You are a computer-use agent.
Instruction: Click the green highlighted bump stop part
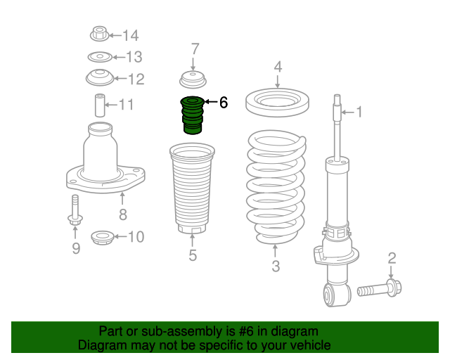pyautogui.click(x=192, y=115)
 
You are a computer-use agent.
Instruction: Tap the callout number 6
pyautogui.click(x=224, y=102)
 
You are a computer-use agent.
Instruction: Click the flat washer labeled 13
pyautogui.click(x=100, y=57)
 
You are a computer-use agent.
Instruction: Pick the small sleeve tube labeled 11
pyautogui.click(x=100, y=105)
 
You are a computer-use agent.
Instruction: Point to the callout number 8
pyautogui.click(x=123, y=214)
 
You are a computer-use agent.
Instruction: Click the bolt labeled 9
pyautogui.click(x=75, y=210)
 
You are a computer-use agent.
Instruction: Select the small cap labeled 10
pyautogui.click(x=102, y=238)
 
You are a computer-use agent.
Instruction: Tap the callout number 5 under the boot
pyautogui.click(x=193, y=255)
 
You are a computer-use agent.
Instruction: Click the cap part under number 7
pyautogui.click(x=193, y=80)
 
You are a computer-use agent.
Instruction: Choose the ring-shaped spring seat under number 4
pyautogui.click(x=277, y=103)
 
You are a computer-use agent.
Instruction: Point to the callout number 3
pyautogui.click(x=276, y=266)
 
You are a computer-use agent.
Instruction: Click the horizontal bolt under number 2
pyautogui.click(x=380, y=289)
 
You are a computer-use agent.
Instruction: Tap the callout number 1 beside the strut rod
pyautogui.click(x=359, y=112)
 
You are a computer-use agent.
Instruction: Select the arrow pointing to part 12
pyautogui.click(x=120, y=78)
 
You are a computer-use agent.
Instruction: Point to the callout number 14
pyautogui.click(x=131, y=36)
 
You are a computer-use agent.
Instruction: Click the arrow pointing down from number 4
pyautogui.click(x=277, y=81)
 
